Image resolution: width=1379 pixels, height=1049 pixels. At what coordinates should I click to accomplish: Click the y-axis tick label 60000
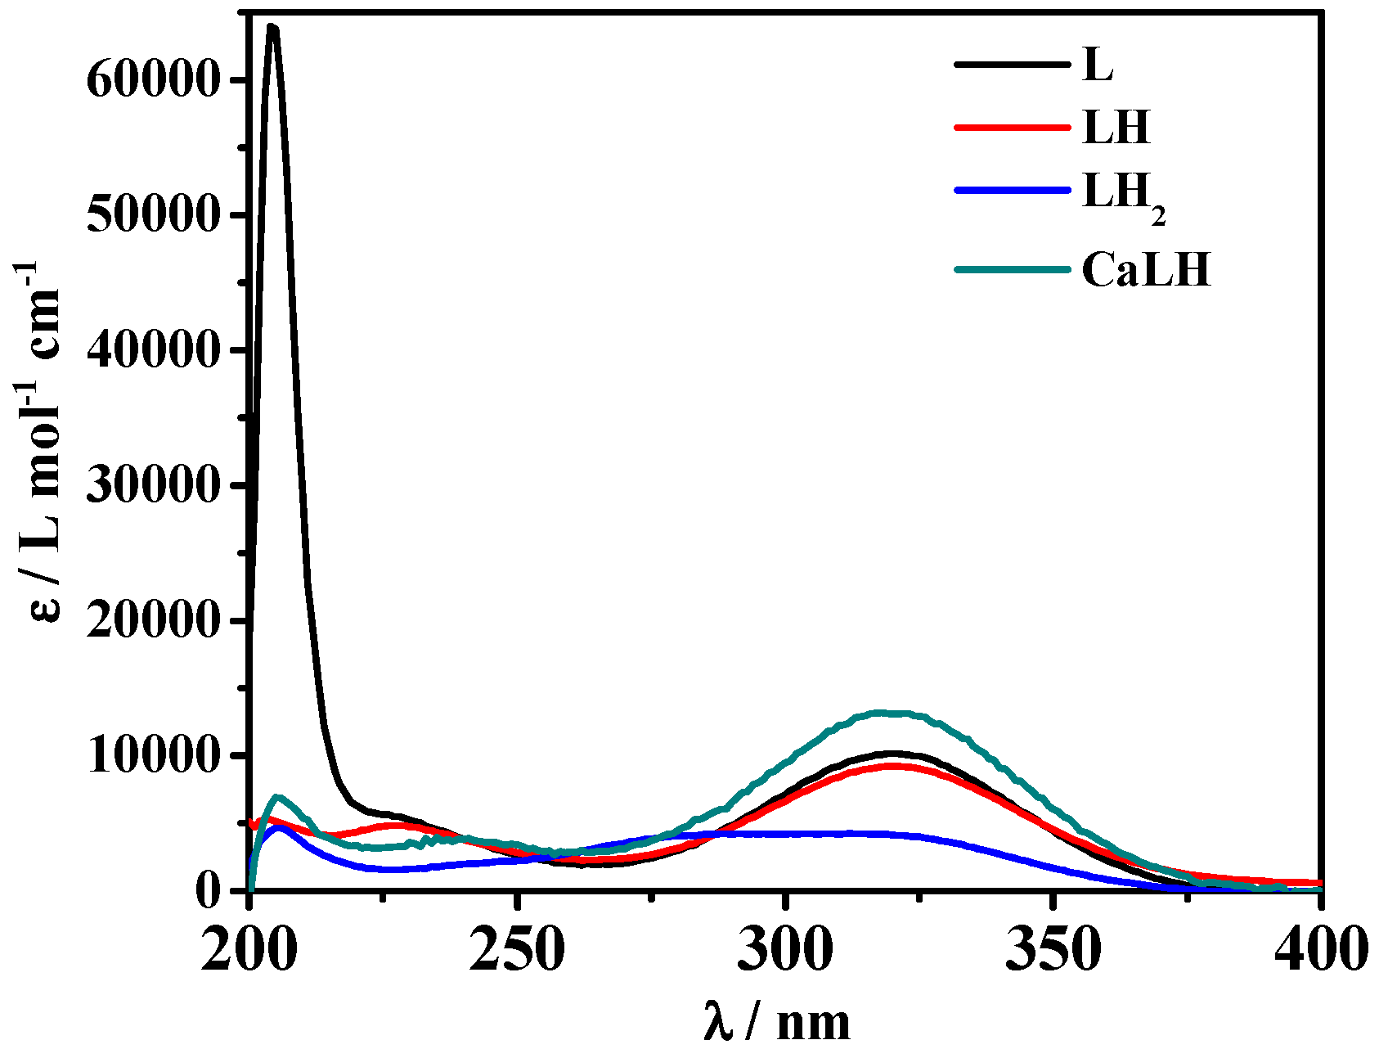tap(153, 80)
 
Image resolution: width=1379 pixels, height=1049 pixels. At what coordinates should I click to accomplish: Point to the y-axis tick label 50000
tap(153, 215)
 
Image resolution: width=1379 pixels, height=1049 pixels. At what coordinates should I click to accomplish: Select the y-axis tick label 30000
tap(153, 486)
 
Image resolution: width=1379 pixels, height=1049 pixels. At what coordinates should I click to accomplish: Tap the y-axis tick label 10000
tap(153, 756)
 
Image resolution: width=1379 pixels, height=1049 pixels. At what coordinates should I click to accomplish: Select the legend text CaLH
tap(1146, 270)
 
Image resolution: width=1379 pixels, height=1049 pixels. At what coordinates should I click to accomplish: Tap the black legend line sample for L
tap(1012, 65)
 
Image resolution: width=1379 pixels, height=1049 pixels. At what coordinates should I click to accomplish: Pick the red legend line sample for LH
tap(1012, 127)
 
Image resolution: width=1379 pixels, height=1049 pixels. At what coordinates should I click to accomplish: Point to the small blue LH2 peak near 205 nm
tap(280, 827)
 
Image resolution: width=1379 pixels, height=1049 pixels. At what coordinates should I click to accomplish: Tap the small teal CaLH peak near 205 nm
tap(277, 796)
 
